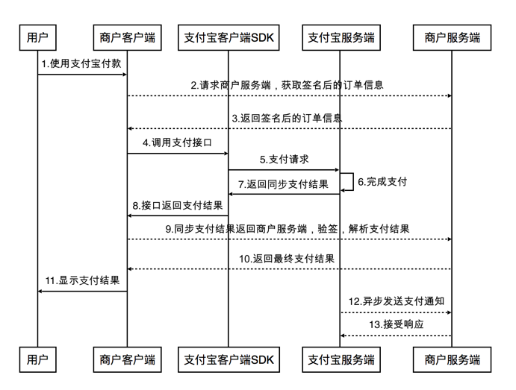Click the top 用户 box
point(37,37)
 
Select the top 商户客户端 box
point(127,37)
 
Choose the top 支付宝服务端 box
point(341,37)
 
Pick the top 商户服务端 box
point(452,37)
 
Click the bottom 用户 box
point(37,360)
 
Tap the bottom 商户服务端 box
point(452,360)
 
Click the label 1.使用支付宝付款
point(81,64)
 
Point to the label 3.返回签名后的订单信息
point(287,118)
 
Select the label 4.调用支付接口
point(177,142)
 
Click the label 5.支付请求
point(285,159)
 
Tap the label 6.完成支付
point(382,181)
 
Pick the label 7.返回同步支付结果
point(283,183)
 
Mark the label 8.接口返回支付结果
point(177,204)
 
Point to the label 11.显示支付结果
point(82,280)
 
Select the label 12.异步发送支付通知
point(397,301)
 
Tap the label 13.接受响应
point(396,325)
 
